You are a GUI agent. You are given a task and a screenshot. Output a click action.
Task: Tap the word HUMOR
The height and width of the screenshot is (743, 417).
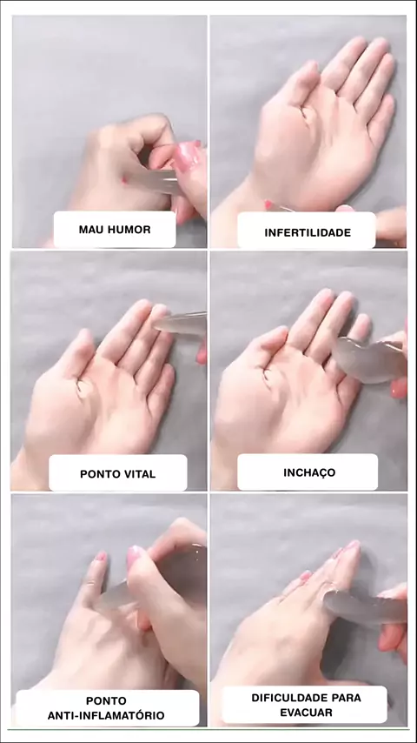tap(129, 230)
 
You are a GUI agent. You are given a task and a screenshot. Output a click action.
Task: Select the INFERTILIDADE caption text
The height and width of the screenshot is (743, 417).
tap(308, 232)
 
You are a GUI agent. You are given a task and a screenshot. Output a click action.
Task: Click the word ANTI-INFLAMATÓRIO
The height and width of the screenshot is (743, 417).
tap(106, 715)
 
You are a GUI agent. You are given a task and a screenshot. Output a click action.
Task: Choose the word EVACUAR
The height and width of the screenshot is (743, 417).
tap(307, 713)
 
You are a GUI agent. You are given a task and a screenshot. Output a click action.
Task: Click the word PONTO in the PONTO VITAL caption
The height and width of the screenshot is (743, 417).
tap(98, 474)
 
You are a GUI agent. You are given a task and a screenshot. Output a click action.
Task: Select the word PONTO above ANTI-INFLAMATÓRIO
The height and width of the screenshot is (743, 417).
tap(106, 700)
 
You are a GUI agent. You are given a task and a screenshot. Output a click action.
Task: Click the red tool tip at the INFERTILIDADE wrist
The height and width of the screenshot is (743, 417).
tap(268, 204)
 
